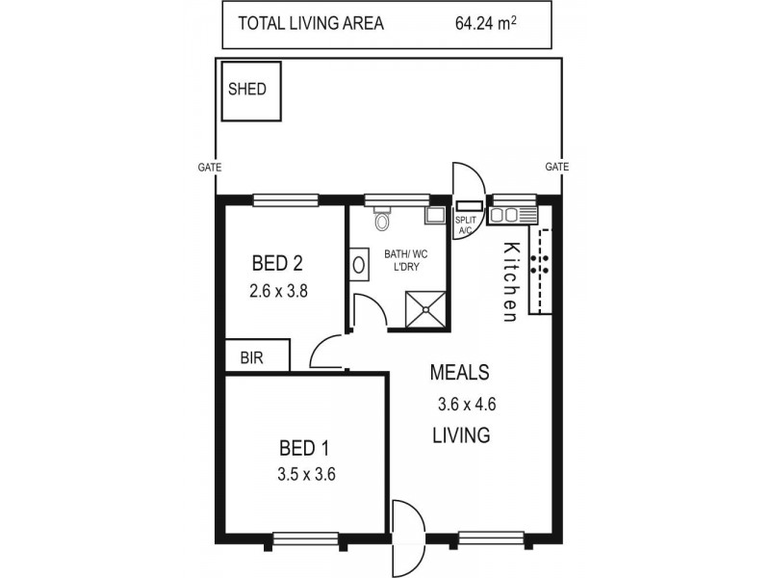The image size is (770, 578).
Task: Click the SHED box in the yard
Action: click(x=250, y=91)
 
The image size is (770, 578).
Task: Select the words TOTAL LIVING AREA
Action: click(x=310, y=24)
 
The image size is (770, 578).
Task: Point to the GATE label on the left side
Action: click(x=210, y=167)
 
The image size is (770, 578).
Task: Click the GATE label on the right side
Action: click(x=557, y=167)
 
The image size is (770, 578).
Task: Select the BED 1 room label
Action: click(x=304, y=448)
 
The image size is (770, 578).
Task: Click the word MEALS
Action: click(x=459, y=372)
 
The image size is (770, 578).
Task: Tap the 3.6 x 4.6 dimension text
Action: click(x=459, y=405)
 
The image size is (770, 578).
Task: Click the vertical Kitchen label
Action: click(x=511, y=280)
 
